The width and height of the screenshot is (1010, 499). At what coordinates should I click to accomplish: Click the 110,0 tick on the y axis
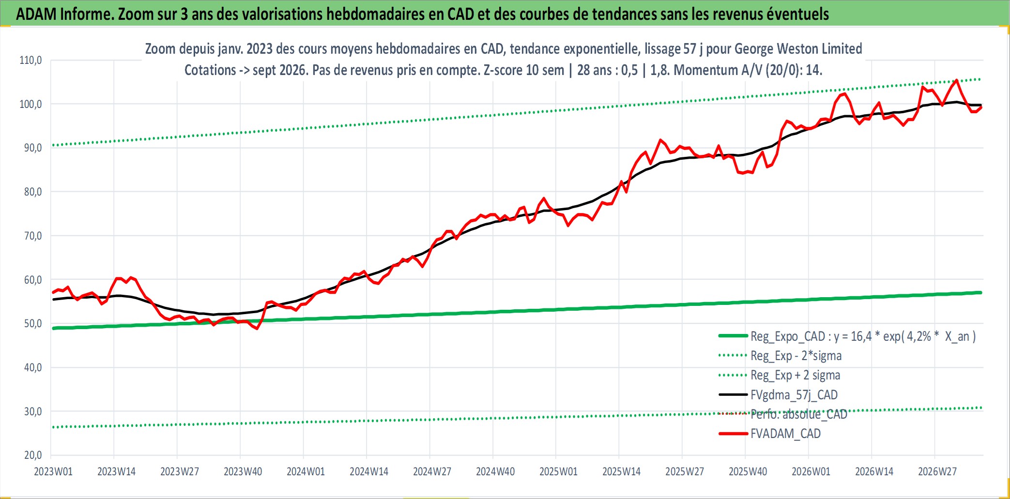31,60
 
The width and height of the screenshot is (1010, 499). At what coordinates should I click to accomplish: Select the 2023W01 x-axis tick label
53,471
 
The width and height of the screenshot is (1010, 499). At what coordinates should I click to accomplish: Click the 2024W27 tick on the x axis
432,471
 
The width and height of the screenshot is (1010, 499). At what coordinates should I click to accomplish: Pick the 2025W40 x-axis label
748,471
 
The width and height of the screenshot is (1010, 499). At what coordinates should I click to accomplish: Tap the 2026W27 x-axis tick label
937,471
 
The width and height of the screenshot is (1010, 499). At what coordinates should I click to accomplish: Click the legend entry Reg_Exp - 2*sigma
796,356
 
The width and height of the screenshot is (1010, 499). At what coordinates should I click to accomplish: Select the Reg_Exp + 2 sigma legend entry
796,375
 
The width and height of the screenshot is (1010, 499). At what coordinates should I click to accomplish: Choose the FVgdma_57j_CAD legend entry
794,395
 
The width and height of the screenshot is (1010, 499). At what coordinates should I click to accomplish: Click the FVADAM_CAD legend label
785,434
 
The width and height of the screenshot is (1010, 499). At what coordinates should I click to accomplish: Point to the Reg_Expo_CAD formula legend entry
863,336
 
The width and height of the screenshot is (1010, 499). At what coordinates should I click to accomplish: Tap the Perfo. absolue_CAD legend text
799,414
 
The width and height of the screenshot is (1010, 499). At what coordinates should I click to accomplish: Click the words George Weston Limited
798,49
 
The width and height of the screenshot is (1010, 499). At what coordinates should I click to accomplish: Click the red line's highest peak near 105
956,80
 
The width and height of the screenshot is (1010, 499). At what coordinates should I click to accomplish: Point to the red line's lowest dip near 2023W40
257,329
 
